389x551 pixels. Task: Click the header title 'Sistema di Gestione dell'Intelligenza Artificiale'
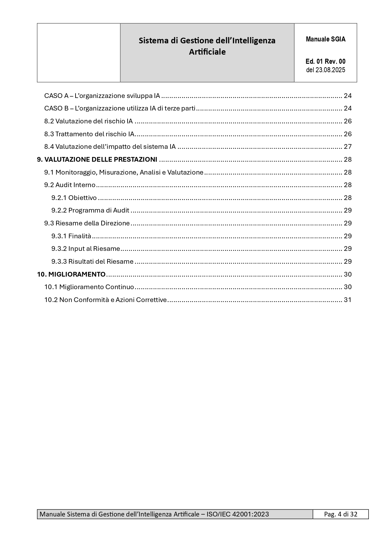[207, 46]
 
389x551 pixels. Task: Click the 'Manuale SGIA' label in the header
[325, 39]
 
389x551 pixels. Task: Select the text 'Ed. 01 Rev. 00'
[325, 62]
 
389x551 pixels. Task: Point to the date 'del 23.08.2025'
[325, 70]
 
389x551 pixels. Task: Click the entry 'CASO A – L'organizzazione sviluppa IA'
[102, 96]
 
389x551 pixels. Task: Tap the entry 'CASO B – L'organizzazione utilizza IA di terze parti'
[120, 108]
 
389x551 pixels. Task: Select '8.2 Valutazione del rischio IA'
[88, 121]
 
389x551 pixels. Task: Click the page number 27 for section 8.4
[348, 147]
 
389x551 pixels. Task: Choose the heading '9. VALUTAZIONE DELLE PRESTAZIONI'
[97, 159]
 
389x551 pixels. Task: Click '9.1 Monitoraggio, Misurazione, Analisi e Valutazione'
[124, 172]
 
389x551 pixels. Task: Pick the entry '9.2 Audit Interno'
[70, 185]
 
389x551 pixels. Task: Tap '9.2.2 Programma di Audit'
[90, 210]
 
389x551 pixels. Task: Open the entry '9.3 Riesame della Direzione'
[87, 223]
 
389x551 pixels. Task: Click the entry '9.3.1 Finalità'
[71, 236]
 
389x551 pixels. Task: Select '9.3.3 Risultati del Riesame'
[92, 262]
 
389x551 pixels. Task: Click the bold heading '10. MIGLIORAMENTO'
[71, 274]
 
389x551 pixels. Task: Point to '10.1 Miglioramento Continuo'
[89, 287]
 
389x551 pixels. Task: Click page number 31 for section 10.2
[348, 300]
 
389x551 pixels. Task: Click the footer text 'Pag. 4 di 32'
[340, 514]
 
